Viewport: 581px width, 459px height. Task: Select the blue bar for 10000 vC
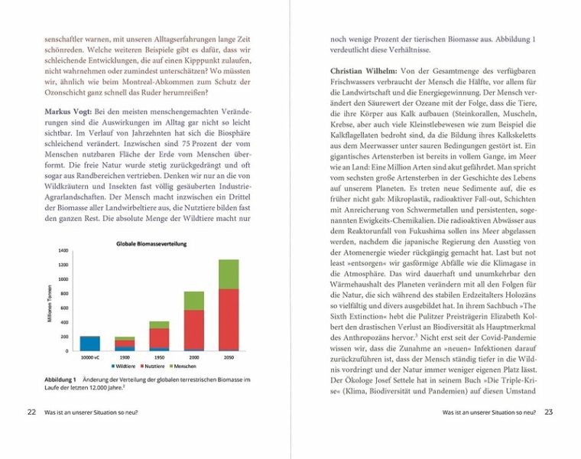click(90, 343)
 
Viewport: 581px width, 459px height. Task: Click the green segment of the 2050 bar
click(228, 274)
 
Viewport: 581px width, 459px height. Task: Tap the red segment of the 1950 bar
click(159, 337)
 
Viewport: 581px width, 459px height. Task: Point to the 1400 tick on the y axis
click(63, 251)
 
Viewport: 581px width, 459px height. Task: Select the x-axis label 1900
click(125, 357)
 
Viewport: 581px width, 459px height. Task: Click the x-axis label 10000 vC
click(89, 357)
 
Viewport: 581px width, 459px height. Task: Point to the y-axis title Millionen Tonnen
click(50, 301)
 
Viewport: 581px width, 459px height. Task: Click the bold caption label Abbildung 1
click(60, 380)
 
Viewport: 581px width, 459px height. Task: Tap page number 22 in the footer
click(31, 412)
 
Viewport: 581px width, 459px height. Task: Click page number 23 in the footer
click(548, 412)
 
